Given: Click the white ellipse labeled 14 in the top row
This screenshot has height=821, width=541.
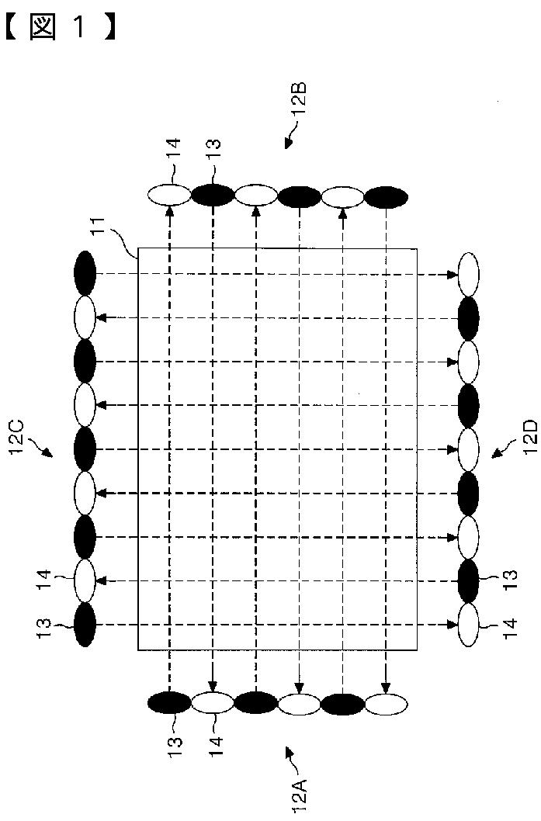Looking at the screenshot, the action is pyautogui.click(x=169, y=194).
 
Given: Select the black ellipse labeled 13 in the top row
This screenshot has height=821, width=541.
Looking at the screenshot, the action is pyautogui.click(x=213, y=194).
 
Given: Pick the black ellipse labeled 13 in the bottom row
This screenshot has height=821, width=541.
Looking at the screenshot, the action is pyautogui.click(x=169, y=702).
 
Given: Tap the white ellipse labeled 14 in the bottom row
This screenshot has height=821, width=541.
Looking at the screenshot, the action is pyautogui.click(x=213, y=703).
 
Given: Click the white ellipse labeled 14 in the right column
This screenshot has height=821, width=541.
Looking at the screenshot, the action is pyautogui.click(x=469, y=625).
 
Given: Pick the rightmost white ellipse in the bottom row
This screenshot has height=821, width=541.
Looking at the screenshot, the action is pyautogui.click(x=386, y=703).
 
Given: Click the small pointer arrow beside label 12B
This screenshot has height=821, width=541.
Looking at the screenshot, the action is pyautogui.click(x=288, y=140).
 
